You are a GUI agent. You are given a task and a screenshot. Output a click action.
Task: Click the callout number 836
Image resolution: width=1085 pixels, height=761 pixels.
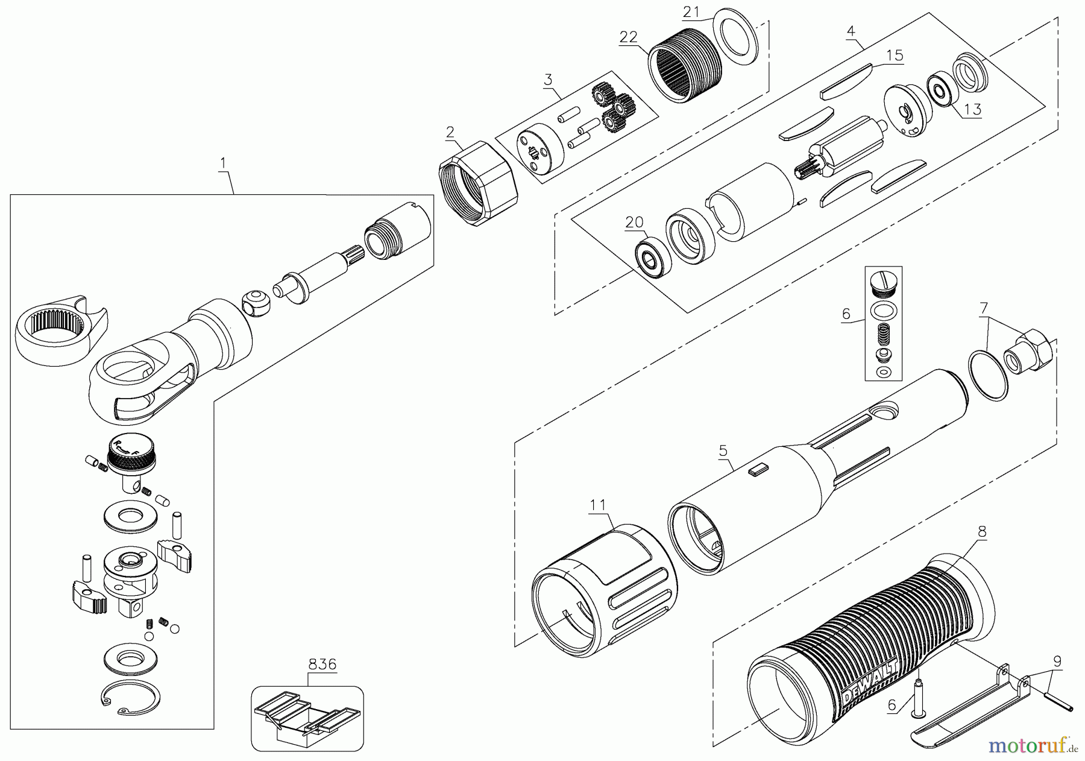pyautogui.click(x=322, y=665)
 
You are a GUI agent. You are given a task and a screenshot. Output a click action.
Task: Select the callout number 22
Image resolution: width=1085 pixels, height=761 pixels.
pyautogui.click(x=628, y=37)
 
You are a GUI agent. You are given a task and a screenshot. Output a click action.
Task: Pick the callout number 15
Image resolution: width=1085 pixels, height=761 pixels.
pyautogui.click(x=895, y=55)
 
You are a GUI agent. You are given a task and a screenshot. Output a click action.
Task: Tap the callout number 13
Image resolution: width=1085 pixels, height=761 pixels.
pyautogui.click(x=972, y=109)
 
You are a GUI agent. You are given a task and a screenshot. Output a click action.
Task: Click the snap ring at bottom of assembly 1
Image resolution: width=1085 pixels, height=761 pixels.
pyautogui.click(x=131, y=699)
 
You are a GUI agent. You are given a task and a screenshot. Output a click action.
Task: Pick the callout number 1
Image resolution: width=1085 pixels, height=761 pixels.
pyautogui.click(x=223, y=163)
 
